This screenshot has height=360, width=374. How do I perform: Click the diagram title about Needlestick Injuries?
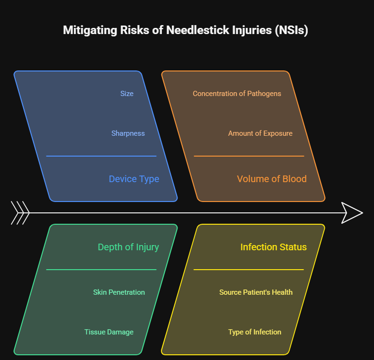(186, 30)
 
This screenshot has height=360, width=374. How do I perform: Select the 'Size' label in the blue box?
(127, 94)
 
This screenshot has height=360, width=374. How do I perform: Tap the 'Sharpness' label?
(128, 133)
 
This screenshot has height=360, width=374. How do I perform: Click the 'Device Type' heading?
(134, 179)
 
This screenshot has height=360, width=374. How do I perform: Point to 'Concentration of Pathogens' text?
(237, 94)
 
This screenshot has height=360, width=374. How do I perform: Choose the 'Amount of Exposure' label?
(260, 133)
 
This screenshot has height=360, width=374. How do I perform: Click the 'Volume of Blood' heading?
(271, 179)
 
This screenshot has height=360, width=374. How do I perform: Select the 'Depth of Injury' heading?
(128, 247)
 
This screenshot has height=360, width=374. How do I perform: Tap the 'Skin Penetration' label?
(119, 292)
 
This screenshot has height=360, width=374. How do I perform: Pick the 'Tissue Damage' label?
(109, 332)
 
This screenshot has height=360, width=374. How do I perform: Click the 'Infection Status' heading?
(273, 247)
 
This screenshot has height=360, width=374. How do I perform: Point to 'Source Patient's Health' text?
(256, 292)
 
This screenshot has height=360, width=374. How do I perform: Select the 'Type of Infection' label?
(255, 332)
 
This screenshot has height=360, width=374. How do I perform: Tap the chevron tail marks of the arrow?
(20, 213)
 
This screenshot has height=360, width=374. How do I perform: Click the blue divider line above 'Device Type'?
(101, 156)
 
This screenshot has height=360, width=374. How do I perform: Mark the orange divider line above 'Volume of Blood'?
(249, 156)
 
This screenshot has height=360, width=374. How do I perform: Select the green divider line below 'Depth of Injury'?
(101, 270)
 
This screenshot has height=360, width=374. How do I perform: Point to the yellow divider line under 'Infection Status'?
(249, 270)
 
